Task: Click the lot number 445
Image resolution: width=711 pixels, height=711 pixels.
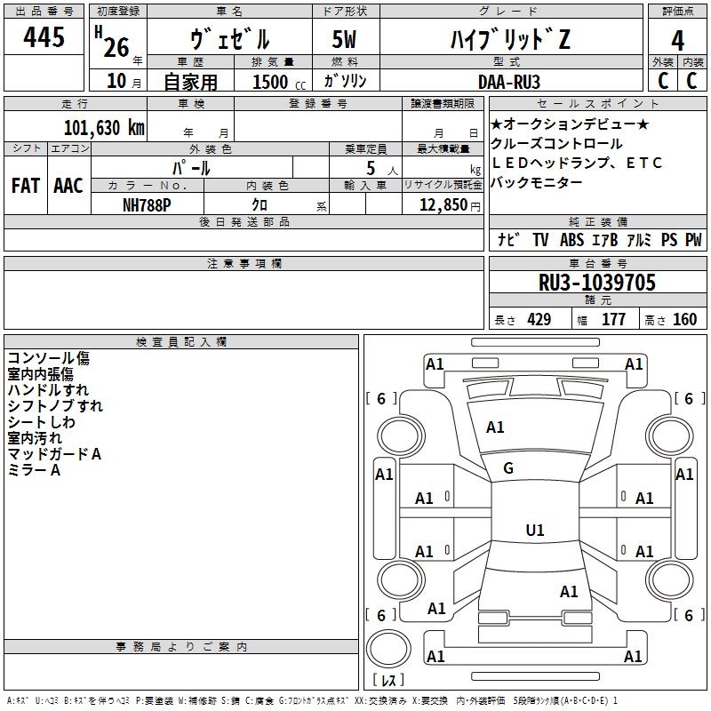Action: (x=44, y=37)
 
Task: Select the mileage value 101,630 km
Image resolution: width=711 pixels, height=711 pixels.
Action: (x=104, y=127)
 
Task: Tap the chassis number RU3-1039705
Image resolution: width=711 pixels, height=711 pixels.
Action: (x=597, y=283)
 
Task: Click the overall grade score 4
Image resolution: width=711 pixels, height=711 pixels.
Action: (x=678, y=40)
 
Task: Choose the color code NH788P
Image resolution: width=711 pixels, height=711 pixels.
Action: (x=148, y=204)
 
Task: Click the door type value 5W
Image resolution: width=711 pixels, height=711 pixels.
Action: (x=347, y=40)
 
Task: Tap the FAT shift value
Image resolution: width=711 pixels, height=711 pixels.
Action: (x=25, y=185)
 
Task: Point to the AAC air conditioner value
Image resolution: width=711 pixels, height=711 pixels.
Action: (x=68, y=185)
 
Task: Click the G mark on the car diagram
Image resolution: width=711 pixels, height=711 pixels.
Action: (x=508, y=467)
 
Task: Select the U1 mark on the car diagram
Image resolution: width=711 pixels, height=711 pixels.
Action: (x=534, y=531)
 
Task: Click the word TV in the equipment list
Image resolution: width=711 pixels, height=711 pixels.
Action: (x=540, y=240)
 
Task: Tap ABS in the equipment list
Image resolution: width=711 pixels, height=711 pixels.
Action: (x=571, y=240)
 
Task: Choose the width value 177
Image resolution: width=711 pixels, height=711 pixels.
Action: (x=614, y=319)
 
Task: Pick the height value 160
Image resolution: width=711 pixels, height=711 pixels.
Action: (x=684, y=319)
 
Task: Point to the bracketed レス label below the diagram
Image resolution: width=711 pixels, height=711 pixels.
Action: (x=388, y=681)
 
